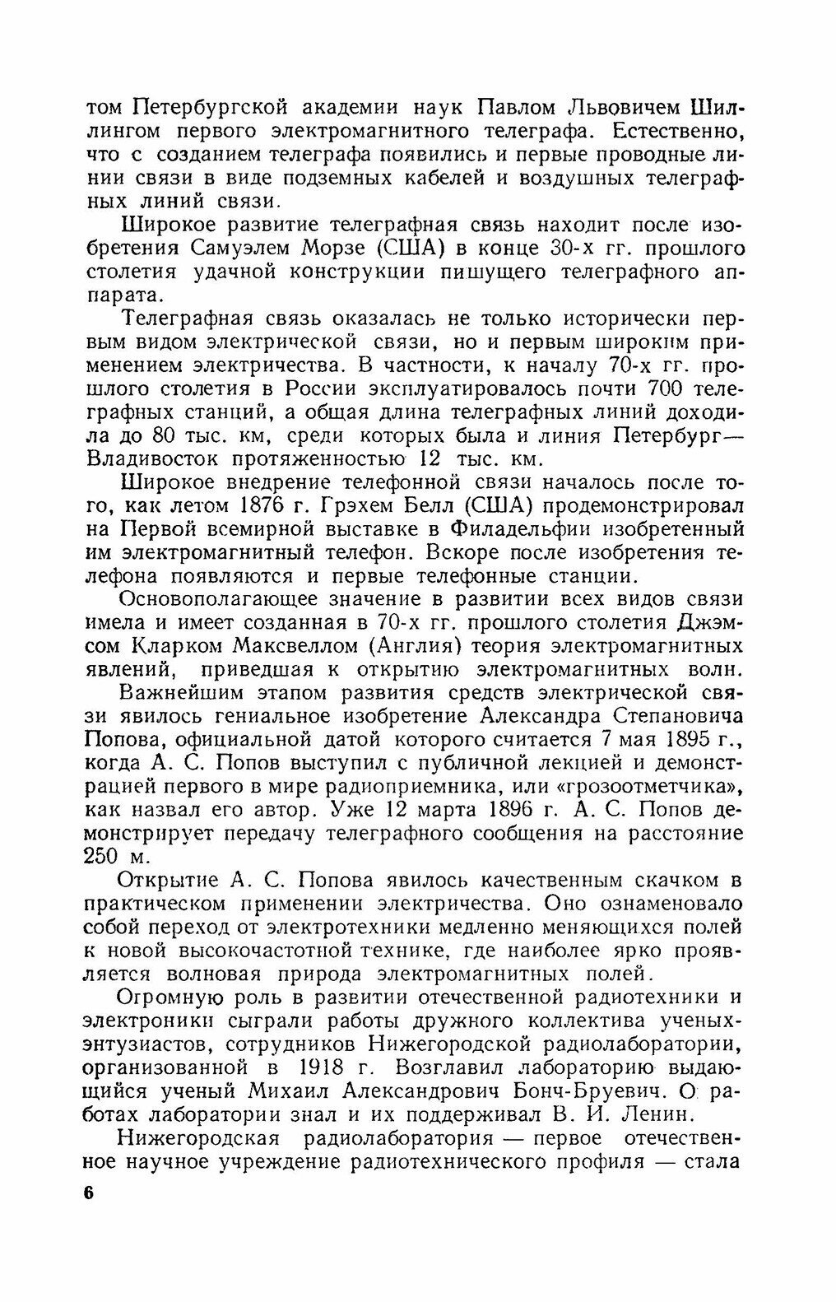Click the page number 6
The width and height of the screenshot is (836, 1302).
click(x=89, y=1194)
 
